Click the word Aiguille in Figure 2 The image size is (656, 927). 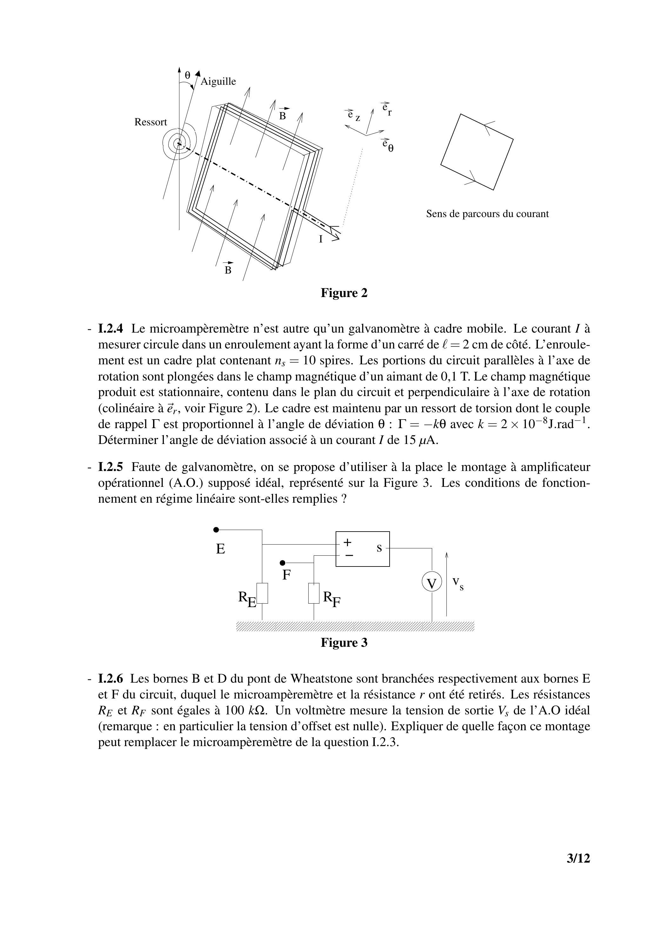(218, 82)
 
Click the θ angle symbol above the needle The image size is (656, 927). (187, 75)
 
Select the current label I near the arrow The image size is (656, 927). (321, 239)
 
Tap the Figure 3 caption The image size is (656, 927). (344, 642)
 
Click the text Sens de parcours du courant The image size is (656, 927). (487, 214)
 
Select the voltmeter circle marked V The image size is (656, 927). (432, 583)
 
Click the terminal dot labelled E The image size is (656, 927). (216, 530)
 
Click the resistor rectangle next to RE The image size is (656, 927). (262, 593)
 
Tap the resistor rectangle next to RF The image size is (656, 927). (314, 593)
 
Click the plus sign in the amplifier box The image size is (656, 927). (347, 542)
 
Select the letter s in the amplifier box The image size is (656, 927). (379, 548)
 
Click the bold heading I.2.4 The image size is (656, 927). (110, 329)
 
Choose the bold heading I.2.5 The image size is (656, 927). (110, 467)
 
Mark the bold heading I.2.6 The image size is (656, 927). (110, 679)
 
